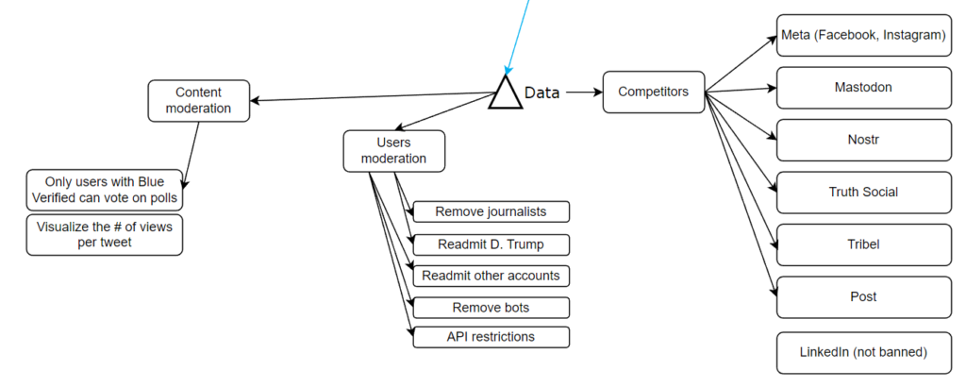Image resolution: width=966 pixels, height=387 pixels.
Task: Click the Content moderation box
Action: pyautogui.click(x=199, y=100)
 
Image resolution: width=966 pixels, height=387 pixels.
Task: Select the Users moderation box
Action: pyautogui.click(x=393, y=150)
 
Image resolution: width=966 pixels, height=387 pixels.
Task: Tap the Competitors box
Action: pyautogui.click(x=653, y=92)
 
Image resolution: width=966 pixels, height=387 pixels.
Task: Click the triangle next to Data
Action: pyautogui.click(x=505, y=94)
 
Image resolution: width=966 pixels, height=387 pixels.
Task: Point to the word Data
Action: pyautogui.click(x=541, y=93)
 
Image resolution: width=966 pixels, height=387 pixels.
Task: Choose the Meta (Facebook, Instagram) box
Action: pyautogui.click(x=863, y=36)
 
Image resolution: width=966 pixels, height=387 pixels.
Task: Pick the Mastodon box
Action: pyautogui.click(x=863, y=88)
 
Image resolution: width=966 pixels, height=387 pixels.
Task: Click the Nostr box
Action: pyautogui.click(x=863, y=140)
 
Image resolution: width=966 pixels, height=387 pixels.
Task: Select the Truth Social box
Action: pyautogui.click(x=863, y=193)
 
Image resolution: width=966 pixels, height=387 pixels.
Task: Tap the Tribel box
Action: pyautogui.click(x=863, y=244)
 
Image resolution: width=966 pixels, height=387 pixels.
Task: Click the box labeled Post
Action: pyautogui.click(x=863, y=296)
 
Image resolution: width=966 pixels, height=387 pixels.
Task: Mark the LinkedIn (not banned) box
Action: pyautogui.click(x=863, y=352)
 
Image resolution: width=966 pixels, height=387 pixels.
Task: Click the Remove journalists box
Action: pyautogui.click(x=491, y=211)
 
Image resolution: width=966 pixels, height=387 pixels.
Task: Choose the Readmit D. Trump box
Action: pyautogui.click(x=491, y=244)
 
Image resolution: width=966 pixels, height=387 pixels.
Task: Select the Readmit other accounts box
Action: pyautogui.click(x=491, y=276)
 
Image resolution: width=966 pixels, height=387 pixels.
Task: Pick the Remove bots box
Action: pyautogui.click(x=491, y=308)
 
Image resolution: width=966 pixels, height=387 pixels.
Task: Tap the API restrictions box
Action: pyautogui.click(x=491, y=337)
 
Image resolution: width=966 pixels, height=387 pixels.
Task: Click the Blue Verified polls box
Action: pyautogui.click(x=104, y=189)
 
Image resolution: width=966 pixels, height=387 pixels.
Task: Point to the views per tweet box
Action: pyautogui.click(x=104, y=235)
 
